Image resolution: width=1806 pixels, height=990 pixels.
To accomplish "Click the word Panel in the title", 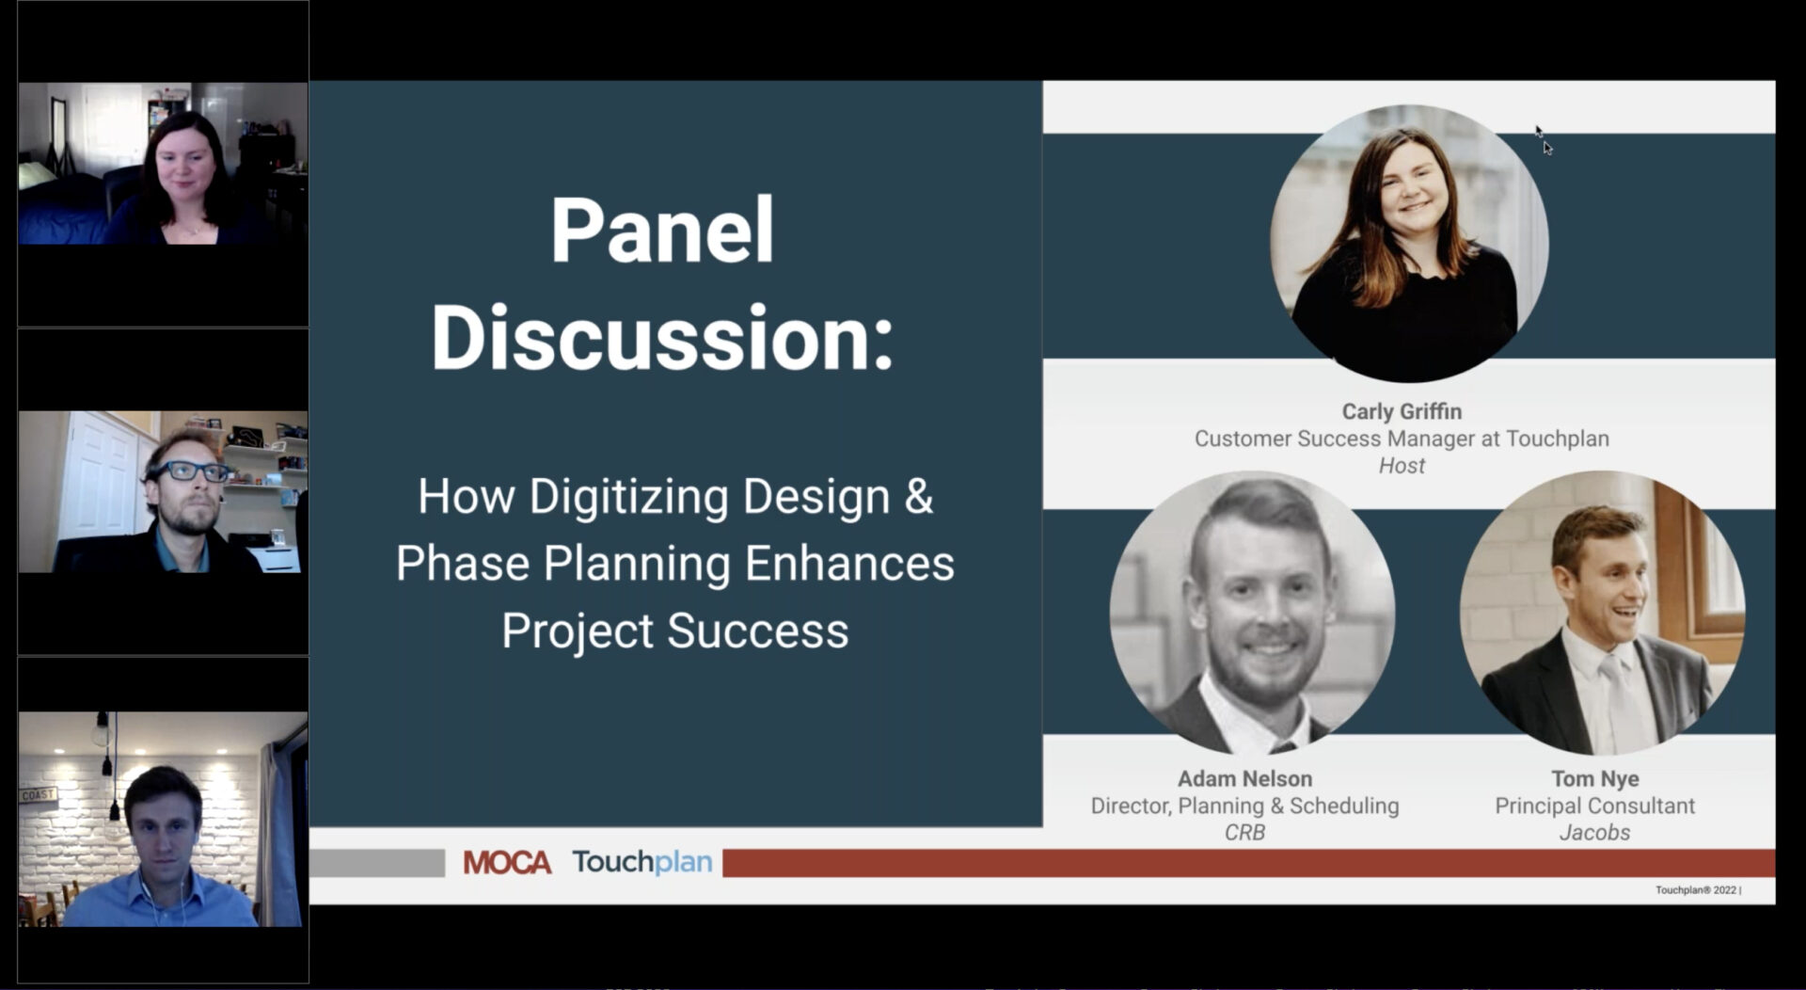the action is coord(662,230).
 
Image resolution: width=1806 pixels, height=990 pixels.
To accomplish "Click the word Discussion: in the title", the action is coord(661,338).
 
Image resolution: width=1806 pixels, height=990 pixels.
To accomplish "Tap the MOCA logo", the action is coord(507,862).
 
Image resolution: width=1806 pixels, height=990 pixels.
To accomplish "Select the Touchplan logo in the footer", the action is coord(642,862).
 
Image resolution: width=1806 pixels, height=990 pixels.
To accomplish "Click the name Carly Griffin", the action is coord(1402,411).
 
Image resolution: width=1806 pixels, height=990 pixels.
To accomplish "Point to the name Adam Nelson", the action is coord(1244,778).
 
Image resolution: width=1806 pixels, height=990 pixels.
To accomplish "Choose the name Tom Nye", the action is coord(1595,778).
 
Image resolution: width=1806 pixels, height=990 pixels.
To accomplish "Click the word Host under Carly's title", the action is coord(1402,466).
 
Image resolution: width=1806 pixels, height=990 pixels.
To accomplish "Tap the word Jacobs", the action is coord(1594,832).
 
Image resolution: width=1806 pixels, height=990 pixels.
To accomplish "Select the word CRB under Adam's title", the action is coord(1244,832).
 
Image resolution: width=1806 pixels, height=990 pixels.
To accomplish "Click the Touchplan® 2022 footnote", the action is coord(1698,890).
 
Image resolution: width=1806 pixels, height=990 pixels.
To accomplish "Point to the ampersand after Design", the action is coord(919,496).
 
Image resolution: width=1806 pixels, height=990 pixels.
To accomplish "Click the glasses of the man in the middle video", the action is coord(193,471).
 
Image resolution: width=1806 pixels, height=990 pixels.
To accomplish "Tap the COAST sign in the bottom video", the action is coord(39,795).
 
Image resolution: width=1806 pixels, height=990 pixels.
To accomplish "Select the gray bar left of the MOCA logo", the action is coord(377,862).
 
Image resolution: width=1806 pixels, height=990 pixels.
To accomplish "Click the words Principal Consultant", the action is coord(1594,806).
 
